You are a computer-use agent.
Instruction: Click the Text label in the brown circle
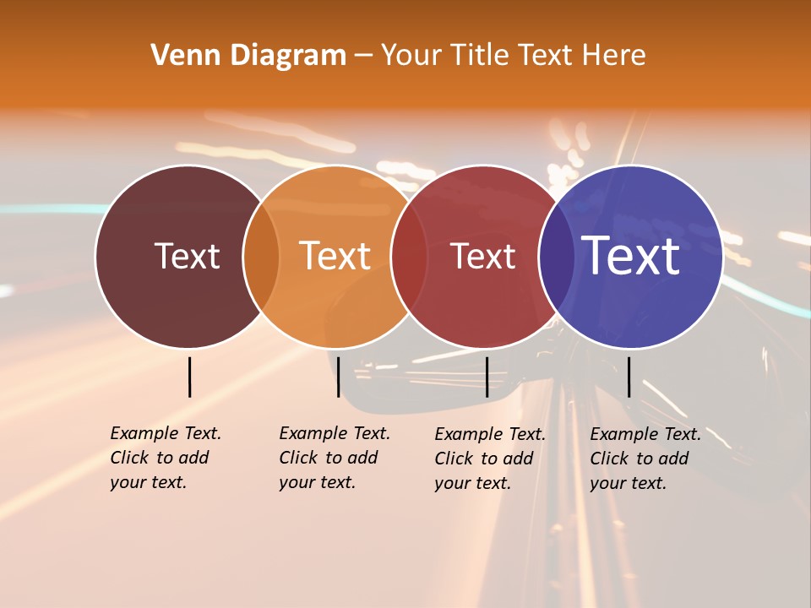pyautogui.click(x=187, y=256)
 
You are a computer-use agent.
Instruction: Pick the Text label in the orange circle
pyautogui.click(x=335, y=256)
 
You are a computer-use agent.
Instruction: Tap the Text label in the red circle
pyautogui.click(x=482, y=256)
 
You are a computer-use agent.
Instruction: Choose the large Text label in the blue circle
pyautogui.click(x=631, y=255)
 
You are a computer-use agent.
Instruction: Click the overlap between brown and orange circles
pyautogui.click(x=261, y=257)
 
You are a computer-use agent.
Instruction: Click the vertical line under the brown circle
pyautogui.click(x=190, y=377)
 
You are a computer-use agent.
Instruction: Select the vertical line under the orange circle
pyautogui.click(x=338, y=377)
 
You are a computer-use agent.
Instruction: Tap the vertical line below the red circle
pyautogui.click(x=487, y=377)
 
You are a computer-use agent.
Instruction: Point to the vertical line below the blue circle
pyautogui.click(x=629, y=377)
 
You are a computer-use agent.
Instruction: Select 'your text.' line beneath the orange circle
pyautogui.click(x=317, y=482)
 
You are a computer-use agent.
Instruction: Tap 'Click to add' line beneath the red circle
pyautogui.click(x=484, y=459)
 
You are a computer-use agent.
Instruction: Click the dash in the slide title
pyautogui.click(x=363, y=56)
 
